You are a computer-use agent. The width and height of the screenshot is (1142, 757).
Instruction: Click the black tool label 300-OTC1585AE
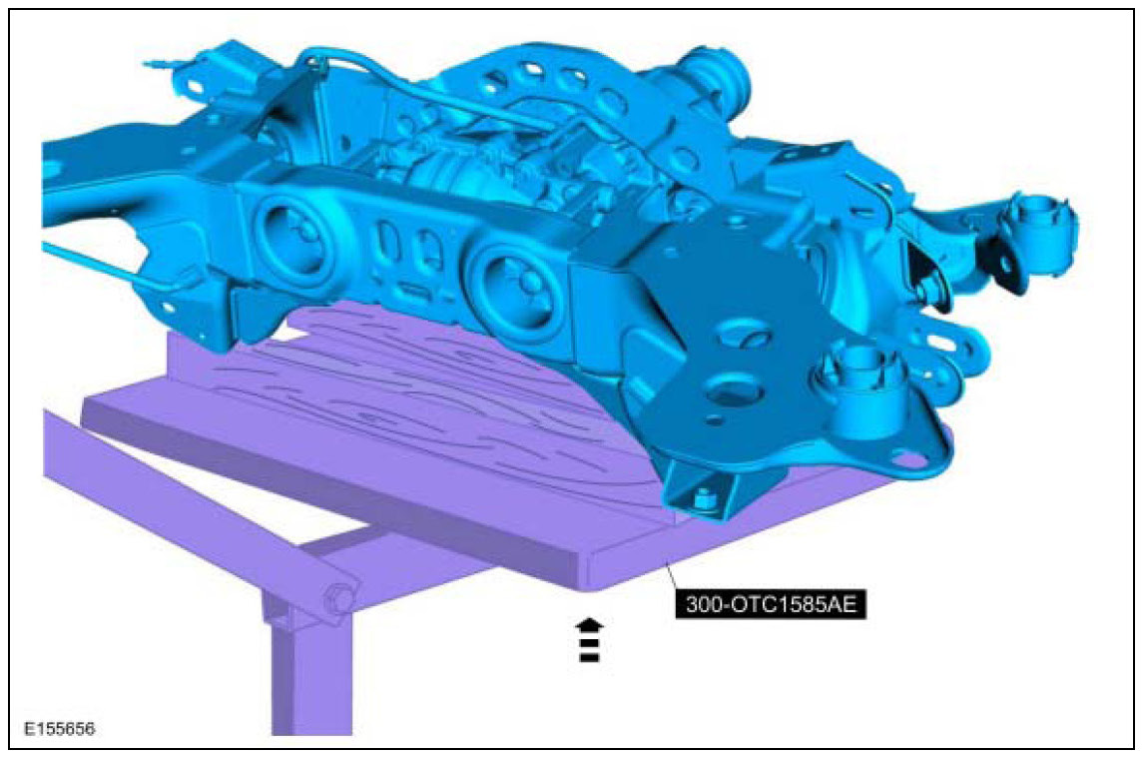772,605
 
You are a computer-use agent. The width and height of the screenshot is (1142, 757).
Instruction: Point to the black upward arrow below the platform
589,640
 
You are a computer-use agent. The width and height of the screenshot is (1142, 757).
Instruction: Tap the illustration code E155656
60,728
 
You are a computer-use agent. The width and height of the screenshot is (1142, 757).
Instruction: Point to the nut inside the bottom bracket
702,499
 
